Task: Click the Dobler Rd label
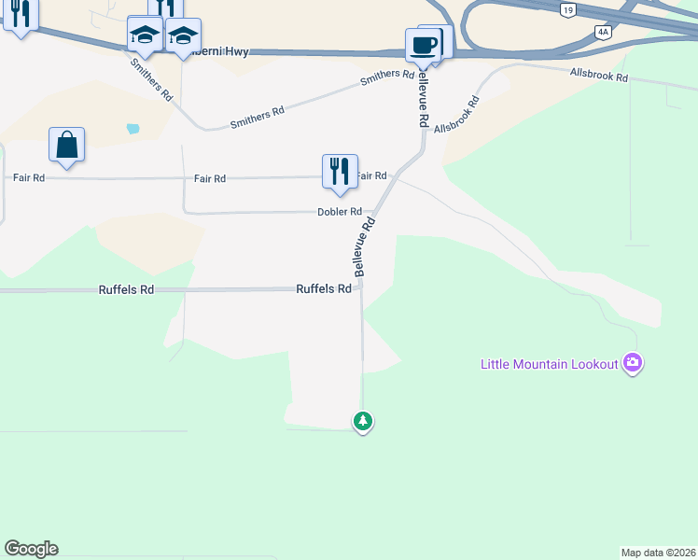tap(339, 212)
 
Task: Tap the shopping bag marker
tap(67, 146)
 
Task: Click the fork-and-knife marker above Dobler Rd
tap(340, 172)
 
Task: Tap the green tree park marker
tap(363, 422)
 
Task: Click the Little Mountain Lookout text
tap(550, 364)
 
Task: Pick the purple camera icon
tap(633, 363)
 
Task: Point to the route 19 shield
tap(567, 9)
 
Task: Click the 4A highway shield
tap(603, 31)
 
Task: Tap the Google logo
tap(31, 549)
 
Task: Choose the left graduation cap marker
tap(145, 35)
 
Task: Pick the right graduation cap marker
tap(183, 35)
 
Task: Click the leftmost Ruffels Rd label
tap(126, 290)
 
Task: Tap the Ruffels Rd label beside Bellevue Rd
tap(323, 289)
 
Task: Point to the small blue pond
tap(133, 128)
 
